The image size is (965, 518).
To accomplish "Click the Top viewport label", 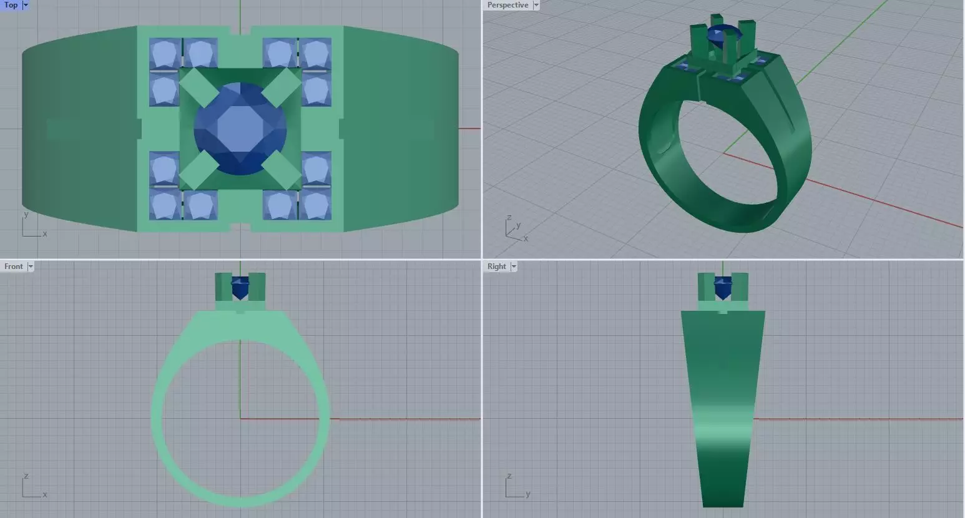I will tap(11, 5).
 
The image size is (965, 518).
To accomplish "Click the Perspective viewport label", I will tap(507, 5).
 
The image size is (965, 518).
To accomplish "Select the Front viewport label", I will tap(13, 266).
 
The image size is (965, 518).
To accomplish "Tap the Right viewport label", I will tap(496, 266).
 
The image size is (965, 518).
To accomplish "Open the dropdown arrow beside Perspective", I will tap(536, 5).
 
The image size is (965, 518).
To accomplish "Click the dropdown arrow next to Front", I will tap(31, 266).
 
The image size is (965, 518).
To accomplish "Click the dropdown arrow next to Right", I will tap(514, 266).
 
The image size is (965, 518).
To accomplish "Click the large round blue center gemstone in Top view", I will tap(240, 129).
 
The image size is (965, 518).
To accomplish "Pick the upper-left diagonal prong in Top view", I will tap(198, 87).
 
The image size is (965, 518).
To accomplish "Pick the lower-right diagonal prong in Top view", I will tap(282, 170).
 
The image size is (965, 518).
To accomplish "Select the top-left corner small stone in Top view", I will tap(164, 53).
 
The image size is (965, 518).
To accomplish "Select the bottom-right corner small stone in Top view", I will tap(316, 205).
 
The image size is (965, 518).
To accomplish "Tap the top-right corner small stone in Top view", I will tap(316, 53).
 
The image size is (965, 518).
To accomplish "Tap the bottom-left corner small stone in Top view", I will tap(164, 205).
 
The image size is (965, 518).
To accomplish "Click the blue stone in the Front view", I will tap(240, 288).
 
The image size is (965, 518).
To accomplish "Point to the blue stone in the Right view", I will tap(723, 288).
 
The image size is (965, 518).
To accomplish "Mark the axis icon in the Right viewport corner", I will tap(516, 487).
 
